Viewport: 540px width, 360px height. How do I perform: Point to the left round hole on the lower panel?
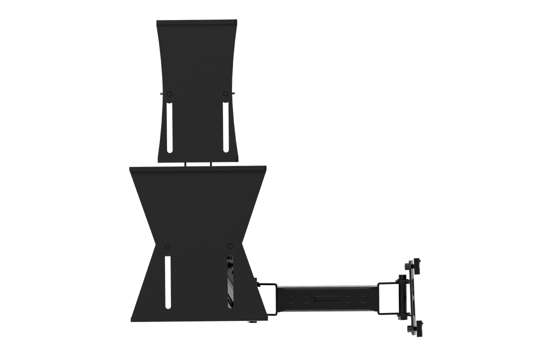click(x=167, y=246)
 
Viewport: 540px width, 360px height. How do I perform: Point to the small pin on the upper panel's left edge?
click(x=160, y=93)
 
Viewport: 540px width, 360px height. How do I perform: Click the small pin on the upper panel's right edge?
click(x=233, y=92)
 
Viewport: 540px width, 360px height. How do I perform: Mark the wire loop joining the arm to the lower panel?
click(x=268, y=299)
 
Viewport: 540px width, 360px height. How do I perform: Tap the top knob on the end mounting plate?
click(x=414, y=265)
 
